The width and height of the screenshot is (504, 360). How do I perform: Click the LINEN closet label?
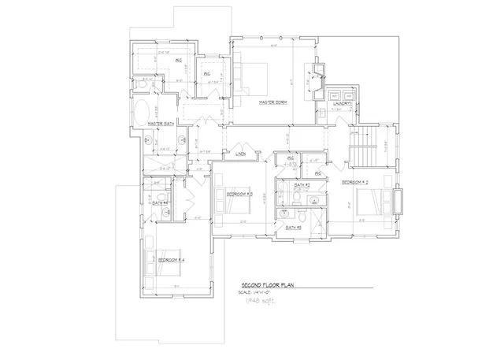coord(240,154)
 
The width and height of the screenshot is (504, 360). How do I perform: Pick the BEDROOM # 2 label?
coord(357,182)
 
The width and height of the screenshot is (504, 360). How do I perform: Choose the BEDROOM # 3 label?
coord(239,194)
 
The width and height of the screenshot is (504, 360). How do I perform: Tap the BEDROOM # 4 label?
coord(171,260)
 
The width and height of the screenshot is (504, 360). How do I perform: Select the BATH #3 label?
coord(294,228)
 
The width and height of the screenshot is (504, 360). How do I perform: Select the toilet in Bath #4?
coord(160,195)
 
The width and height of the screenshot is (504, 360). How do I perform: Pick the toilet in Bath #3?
coord(304,213)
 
